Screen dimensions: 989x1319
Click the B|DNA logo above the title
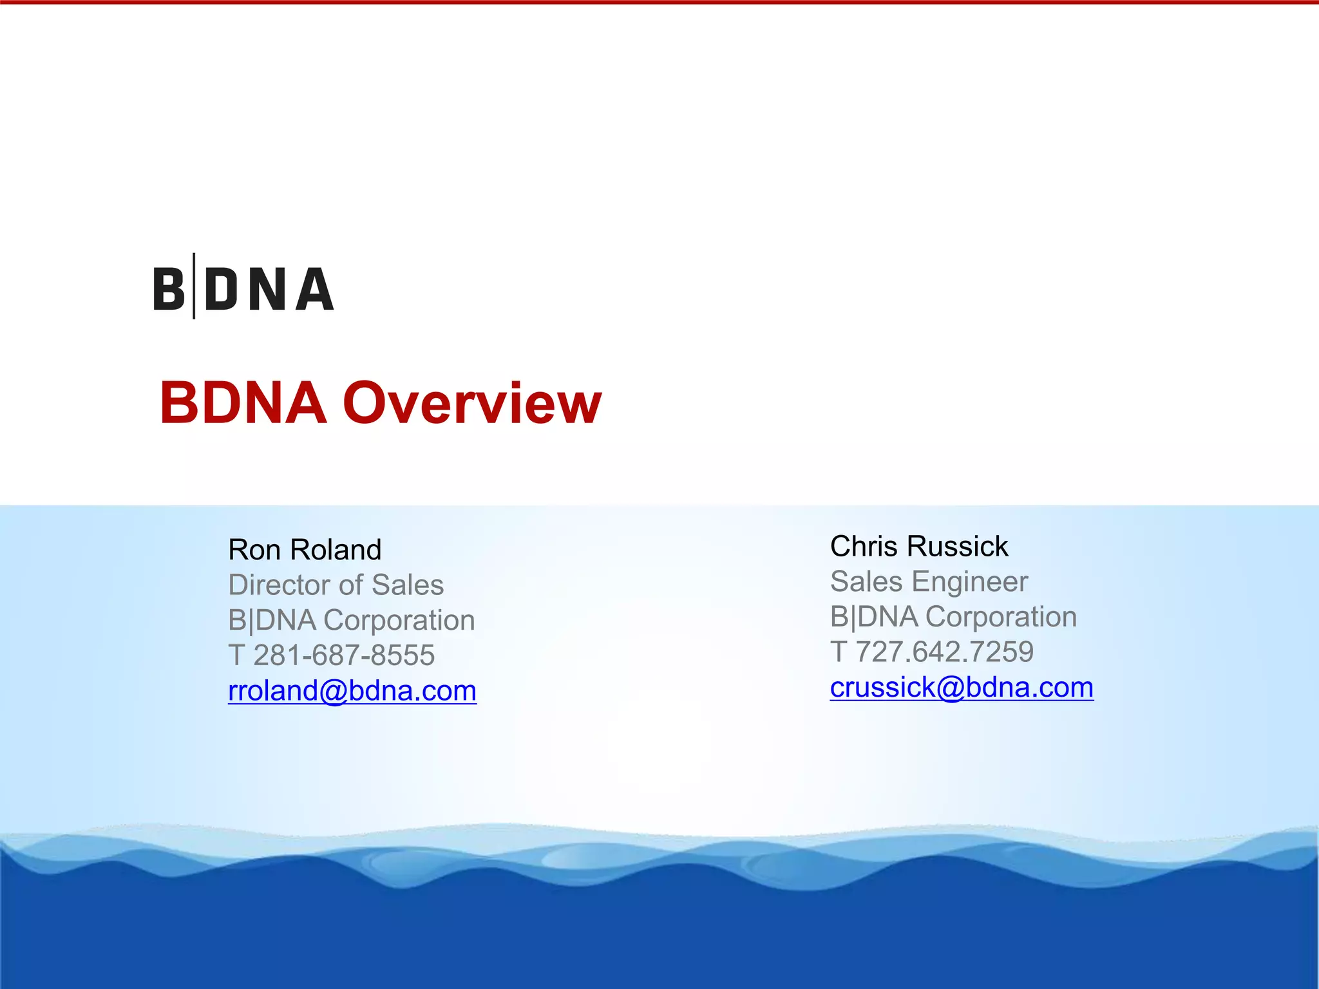(243, 288)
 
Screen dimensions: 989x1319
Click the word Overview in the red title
(472, 403)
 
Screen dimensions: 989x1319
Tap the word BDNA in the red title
(243, 403)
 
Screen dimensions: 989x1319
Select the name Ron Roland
(305, 550)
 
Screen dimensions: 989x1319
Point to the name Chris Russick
(918, 547)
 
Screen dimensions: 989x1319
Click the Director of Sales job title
(336, 585)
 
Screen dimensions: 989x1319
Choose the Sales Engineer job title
(929, 581)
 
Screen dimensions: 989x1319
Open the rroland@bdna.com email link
(352, 691)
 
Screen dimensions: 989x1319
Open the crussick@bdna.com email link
(962, 688)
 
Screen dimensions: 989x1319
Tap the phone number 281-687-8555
(344, 655)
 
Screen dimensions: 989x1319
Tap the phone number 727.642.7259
(944, 652)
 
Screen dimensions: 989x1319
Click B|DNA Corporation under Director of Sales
(352, 620)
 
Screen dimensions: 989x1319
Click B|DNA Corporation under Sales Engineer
(953, 617)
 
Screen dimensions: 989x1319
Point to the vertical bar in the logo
(194, 286)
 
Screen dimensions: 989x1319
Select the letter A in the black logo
(315, 289)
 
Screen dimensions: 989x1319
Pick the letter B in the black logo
(169, 289)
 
